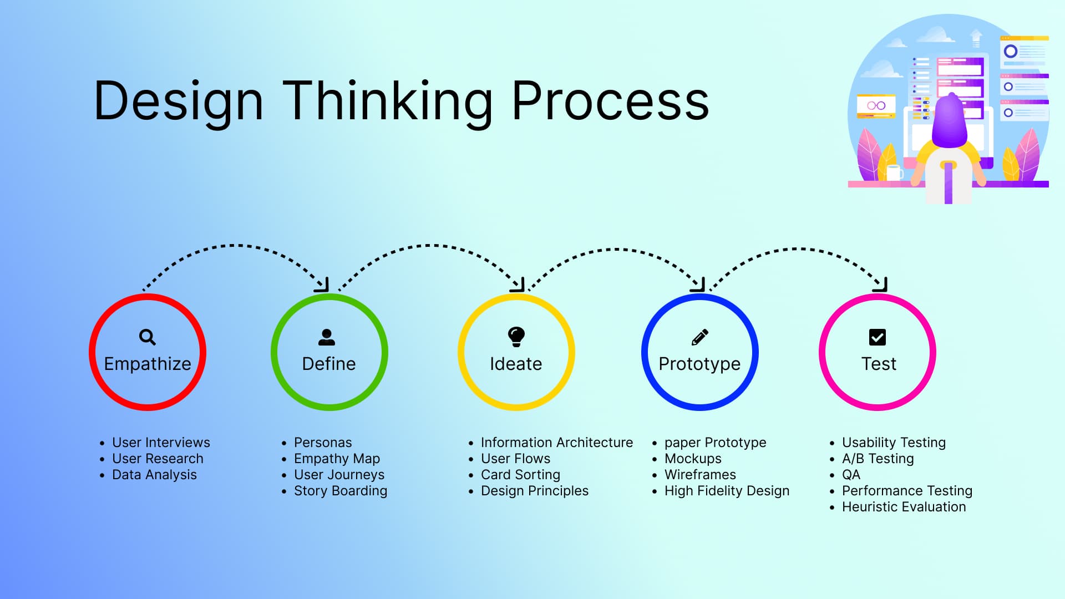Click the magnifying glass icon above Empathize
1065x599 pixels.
coord(147,337)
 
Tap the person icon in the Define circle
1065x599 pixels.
coord(327,337)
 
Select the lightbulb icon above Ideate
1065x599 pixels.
coord(516,336)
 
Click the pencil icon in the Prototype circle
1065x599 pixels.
coord(699,337)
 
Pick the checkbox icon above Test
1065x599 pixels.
coord(877,337)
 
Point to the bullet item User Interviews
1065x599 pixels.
coord(161,443)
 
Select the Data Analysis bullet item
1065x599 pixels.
coord(154,475)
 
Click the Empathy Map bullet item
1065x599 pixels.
coord(337,459)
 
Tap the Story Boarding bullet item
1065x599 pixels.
coord(340,491)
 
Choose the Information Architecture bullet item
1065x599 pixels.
coord(556,443)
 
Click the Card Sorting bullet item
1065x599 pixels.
coord(520,475)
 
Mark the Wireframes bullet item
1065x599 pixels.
coord(700,475)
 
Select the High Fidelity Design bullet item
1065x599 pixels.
coord(727,491)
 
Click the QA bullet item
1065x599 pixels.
coord(851,475)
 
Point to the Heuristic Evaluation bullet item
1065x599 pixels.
coord(904,507)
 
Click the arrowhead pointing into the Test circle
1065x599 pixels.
coord(881,285)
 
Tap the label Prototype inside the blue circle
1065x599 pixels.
coord(699,364)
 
